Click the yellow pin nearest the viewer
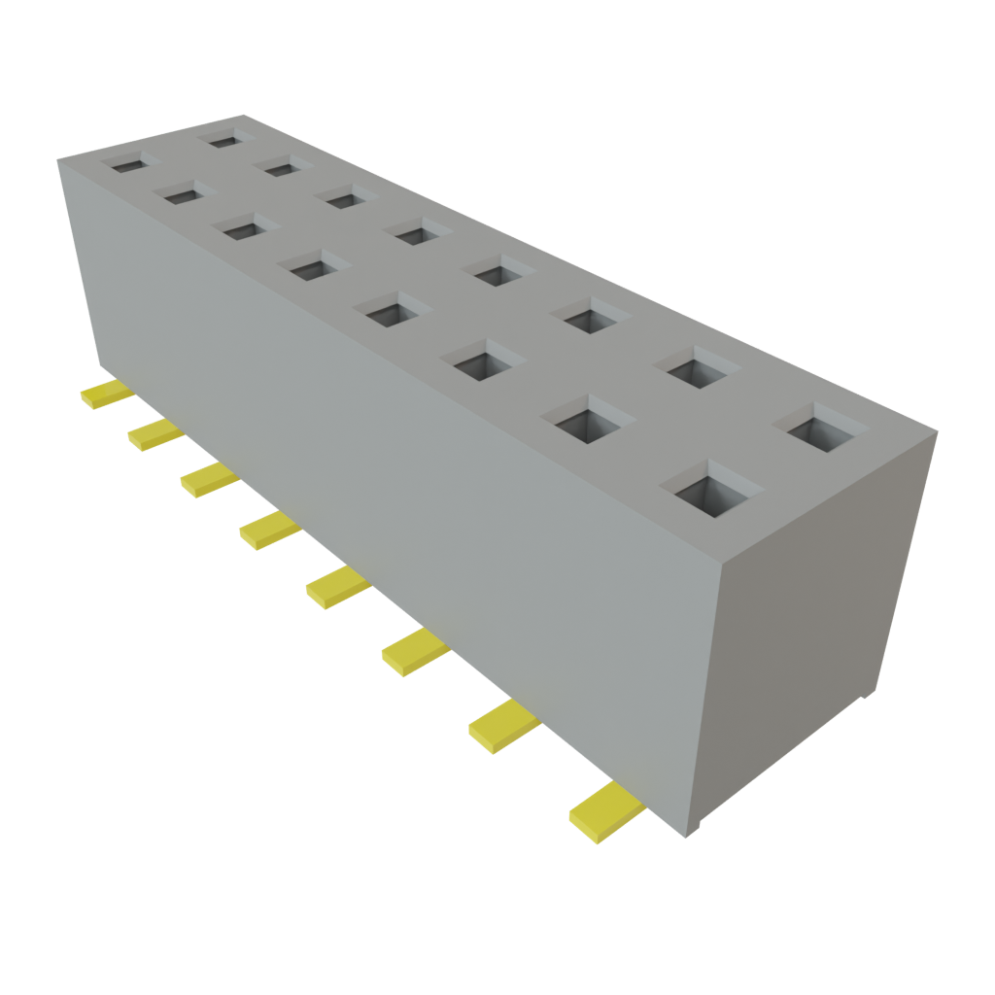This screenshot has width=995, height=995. coord(604,811)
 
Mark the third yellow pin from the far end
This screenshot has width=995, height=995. coord(206,479)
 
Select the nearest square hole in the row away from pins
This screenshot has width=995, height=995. coord(827,428)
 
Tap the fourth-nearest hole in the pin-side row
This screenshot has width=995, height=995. coord(396,312)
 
